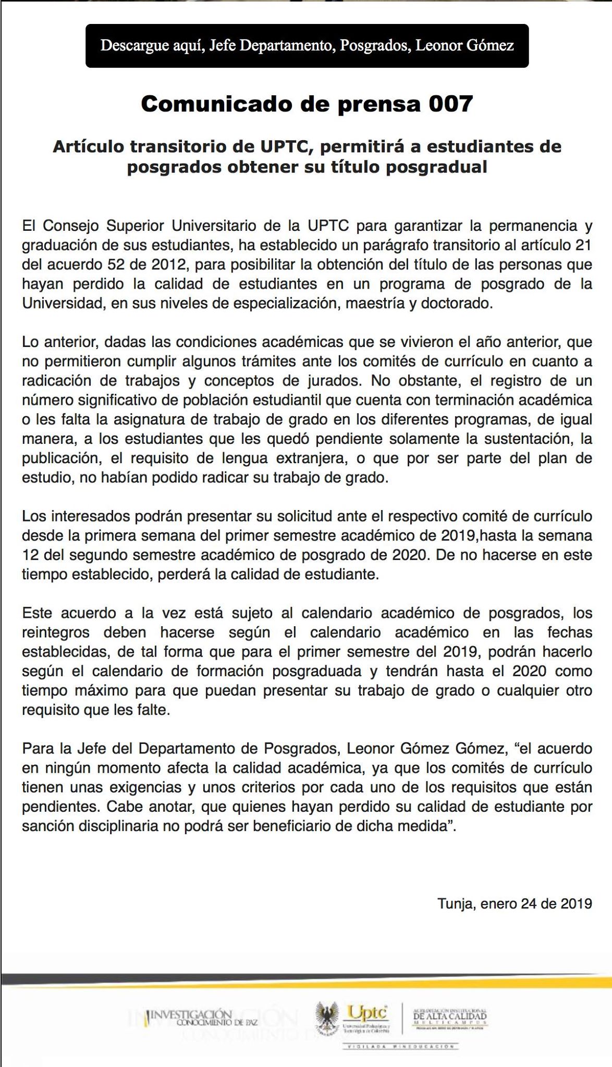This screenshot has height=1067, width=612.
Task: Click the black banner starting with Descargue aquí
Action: (307, 46)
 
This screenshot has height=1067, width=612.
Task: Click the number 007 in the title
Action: (450, 104)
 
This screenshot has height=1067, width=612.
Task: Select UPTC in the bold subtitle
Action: (286, 146)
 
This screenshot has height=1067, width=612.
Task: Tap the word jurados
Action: (332, 381)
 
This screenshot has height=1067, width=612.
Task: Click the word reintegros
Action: (56, 632)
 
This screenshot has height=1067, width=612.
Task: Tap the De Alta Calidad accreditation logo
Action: (449, 1015)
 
